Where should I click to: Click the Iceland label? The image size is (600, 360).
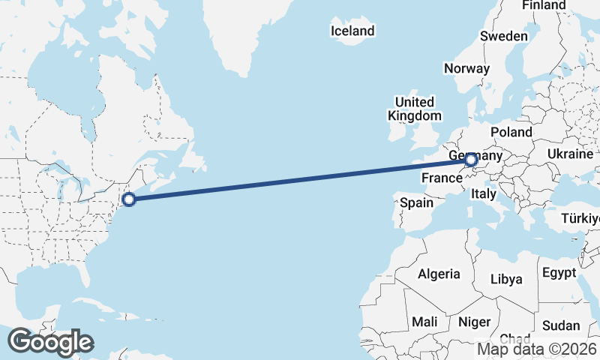point(352,31)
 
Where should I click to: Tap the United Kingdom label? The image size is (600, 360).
point(415,109)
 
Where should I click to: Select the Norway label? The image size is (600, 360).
point(466,68)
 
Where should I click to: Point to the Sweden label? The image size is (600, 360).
point(504,36)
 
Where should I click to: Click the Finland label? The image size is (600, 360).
point(544,5)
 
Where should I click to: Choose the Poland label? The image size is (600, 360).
point(511,132)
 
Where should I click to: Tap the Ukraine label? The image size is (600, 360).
point(570,153)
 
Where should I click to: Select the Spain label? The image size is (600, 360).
point(416,202)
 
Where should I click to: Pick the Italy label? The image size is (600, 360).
point(484,193)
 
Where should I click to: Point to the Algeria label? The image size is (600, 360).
point(439,274)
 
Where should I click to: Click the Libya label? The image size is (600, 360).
point(505,279)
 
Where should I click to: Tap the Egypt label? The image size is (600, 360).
point(558,272)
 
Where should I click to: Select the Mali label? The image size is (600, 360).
point(424,321)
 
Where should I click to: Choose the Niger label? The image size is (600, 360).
point(474,321)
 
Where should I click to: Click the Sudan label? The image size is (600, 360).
point(561,325)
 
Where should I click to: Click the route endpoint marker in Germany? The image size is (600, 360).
point(471,159)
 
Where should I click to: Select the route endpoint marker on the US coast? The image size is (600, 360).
point(129,199)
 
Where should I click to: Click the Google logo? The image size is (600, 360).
point(50,341)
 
